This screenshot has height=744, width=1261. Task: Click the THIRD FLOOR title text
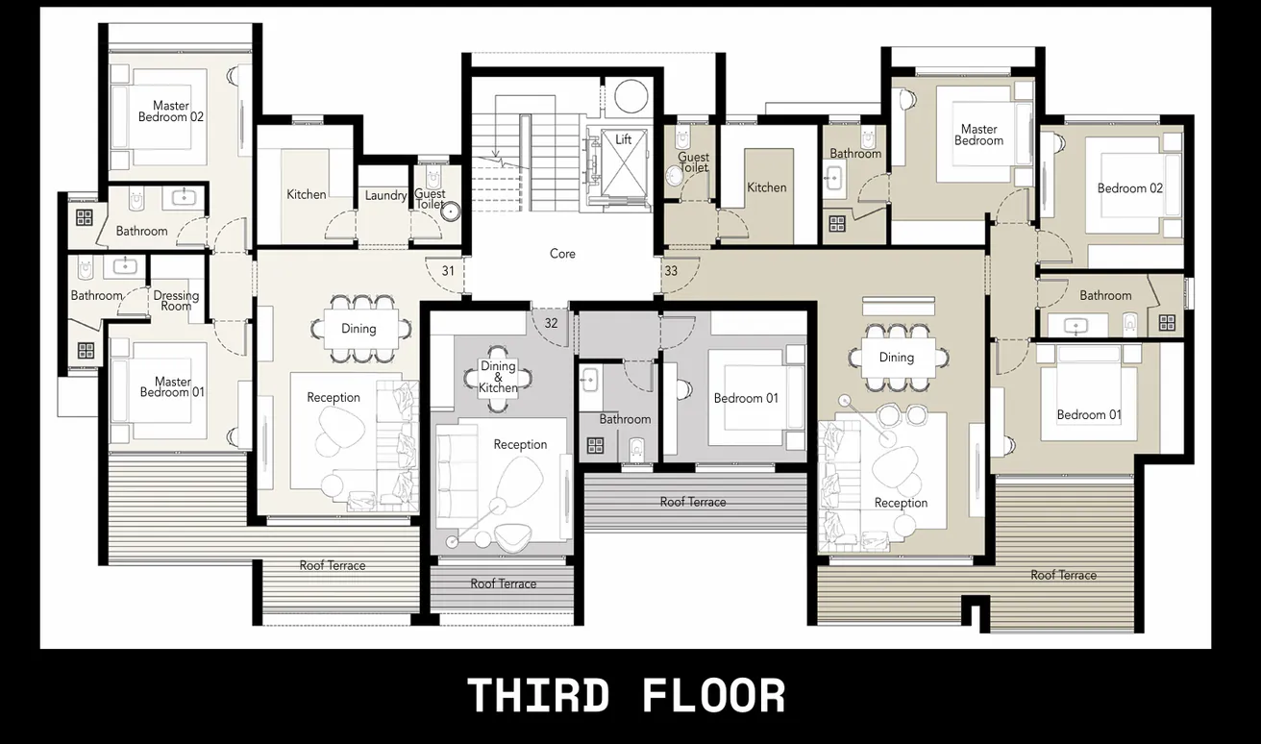tap(626, 695)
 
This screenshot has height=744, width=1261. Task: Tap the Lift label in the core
tap(624, 139)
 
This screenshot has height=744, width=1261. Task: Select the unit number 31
tap(448, 271)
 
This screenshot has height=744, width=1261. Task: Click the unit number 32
tap(551, 323)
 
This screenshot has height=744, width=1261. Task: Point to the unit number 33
tap(671, 271)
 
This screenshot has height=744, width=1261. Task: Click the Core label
tap(562, 254)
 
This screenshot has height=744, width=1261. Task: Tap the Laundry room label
tap(385, 196)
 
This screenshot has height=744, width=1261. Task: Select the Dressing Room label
tap(176, 301)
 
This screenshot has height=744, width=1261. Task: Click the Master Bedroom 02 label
tap(171, 112)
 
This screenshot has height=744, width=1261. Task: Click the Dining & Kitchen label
tap(498, 377)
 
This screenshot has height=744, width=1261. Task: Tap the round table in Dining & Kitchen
tap(498, 377)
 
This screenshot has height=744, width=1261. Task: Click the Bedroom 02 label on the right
tap(1130, 188)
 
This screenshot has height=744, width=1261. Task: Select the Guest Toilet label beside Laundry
tap(430, 199)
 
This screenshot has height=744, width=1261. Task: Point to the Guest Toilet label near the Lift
tap(693, 162)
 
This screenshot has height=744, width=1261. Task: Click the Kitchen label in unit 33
tap(767, 187)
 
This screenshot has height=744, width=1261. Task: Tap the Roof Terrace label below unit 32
tap(503, 583)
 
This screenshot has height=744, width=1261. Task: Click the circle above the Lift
tap(631, 97)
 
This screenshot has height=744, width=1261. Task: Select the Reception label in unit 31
tap(334, 397)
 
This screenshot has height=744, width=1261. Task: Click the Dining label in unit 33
tap(896, 358)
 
